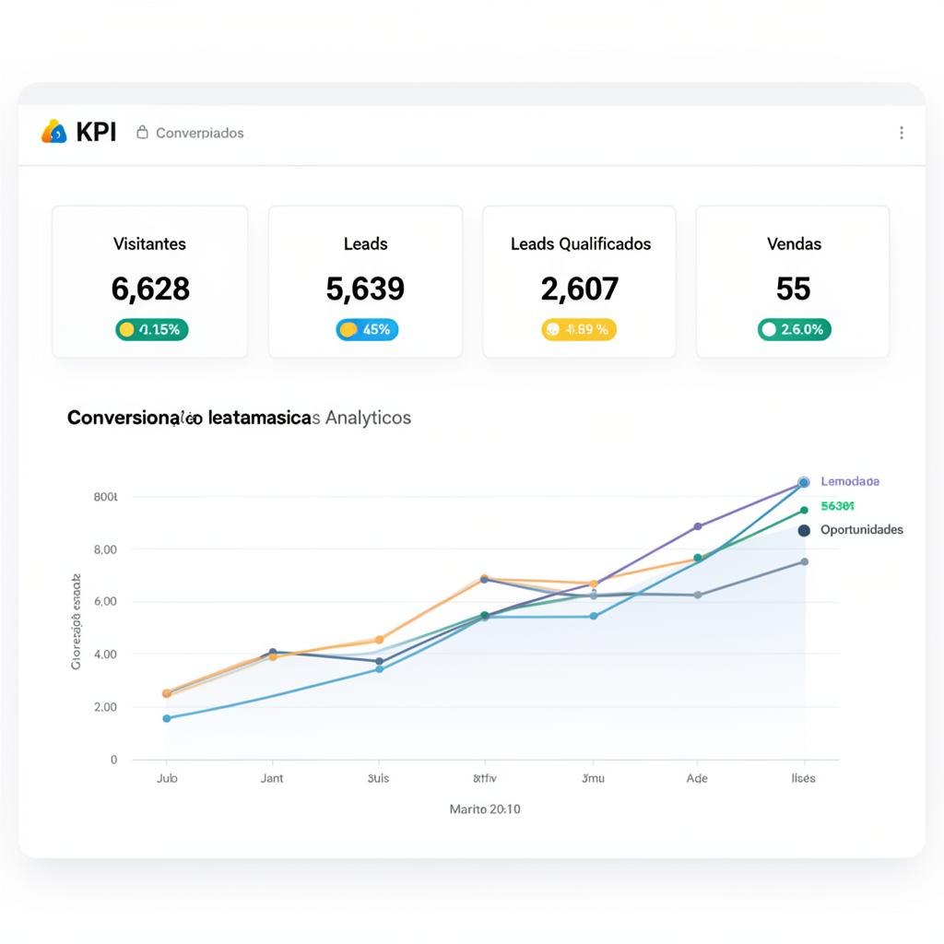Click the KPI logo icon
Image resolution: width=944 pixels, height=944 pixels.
pyautogui.click(x=54, y=132)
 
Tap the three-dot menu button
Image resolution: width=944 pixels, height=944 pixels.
pyautogui.click(x=901, y=133)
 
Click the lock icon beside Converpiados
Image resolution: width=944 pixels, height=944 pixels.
pyautogui.click(x=142, y=132)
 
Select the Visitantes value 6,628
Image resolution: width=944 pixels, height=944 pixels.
pyautogui.click(x=150, y=289)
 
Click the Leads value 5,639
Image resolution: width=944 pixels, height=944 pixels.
pyautogui.click(x=365, y=289)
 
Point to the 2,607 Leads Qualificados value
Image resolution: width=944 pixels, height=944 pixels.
pyautogui.click(x=579, y=289)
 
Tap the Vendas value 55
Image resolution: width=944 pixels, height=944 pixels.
pyautogui.click(x=793, y=289)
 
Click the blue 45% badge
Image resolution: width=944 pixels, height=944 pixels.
pyautogui.click(x=367, y=329)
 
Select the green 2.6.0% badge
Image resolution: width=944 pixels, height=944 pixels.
pyautogui.click(x=794, y=329)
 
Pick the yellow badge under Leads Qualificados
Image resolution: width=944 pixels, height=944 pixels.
pyautogui.click(x=578, y=329)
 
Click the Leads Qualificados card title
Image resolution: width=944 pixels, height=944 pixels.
pyautogui.click(x=581, y=244)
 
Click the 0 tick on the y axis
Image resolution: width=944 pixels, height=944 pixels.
pyautogui.click(x=113, y=760)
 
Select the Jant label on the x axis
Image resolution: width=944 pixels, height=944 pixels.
pyautogui.click(x=272, y=778)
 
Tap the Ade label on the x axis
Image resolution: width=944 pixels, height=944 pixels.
pyautogui.click(x=697, y=778)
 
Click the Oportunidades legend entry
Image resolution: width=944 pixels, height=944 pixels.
pyautogui.click(x=861, y=530)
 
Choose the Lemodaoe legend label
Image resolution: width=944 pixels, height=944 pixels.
pyautogui.click(x=849, y=481)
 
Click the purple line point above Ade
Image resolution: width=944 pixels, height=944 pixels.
pyautogui.click(x=697, y=526)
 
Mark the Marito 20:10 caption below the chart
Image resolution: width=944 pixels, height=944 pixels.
pyautogui.click(x=485, y=809)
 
